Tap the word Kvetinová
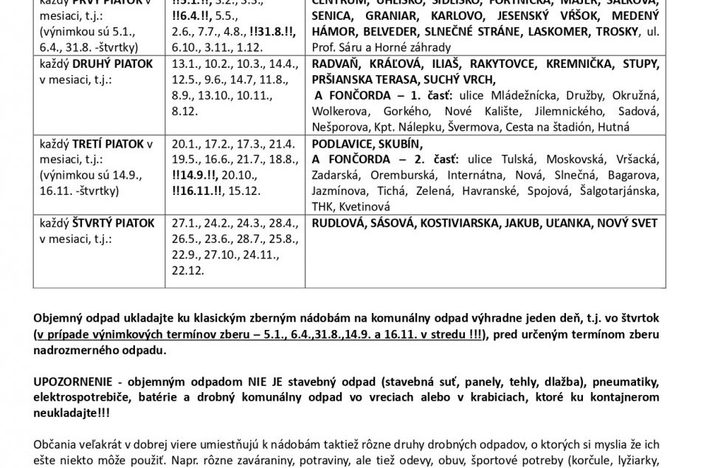361,206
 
